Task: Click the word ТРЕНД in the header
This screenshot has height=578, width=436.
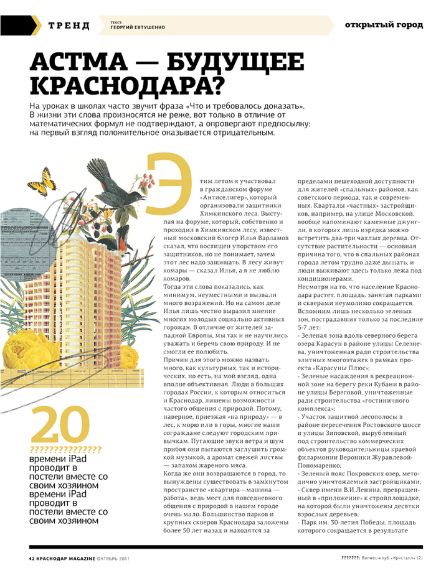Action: tap(69, 26)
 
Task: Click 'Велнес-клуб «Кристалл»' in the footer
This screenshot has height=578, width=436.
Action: tap(390, 557)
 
